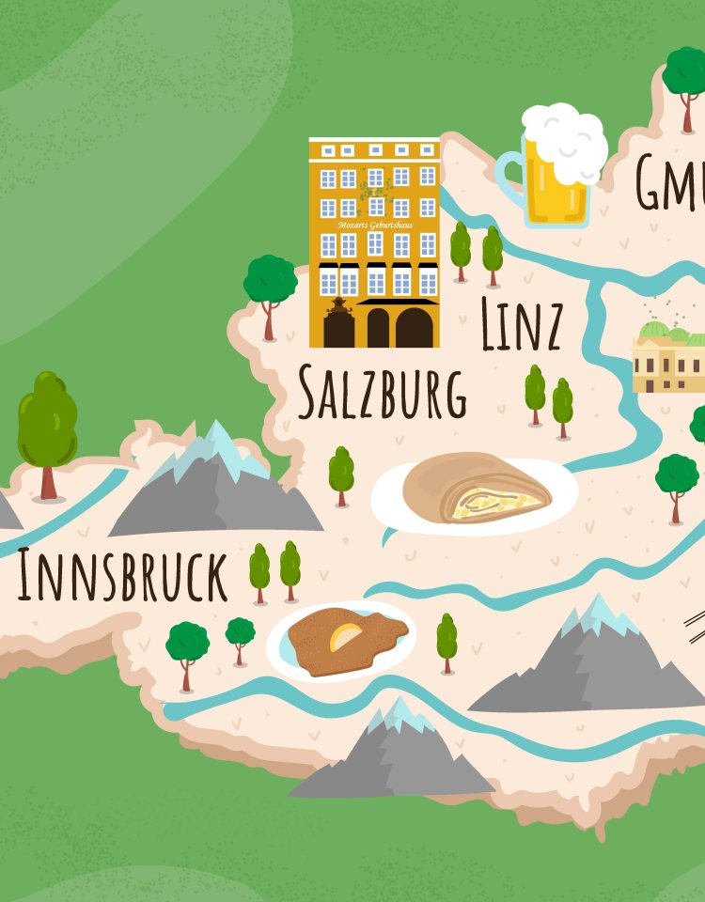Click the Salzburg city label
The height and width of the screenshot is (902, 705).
tap(382, 392)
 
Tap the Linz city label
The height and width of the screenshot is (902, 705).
tap(522, 325)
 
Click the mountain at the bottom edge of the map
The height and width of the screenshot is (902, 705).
tap(395, 752)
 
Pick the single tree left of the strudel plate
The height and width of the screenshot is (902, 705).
tap(341, 474)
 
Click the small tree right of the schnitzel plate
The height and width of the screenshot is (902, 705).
tap(446, 642)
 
